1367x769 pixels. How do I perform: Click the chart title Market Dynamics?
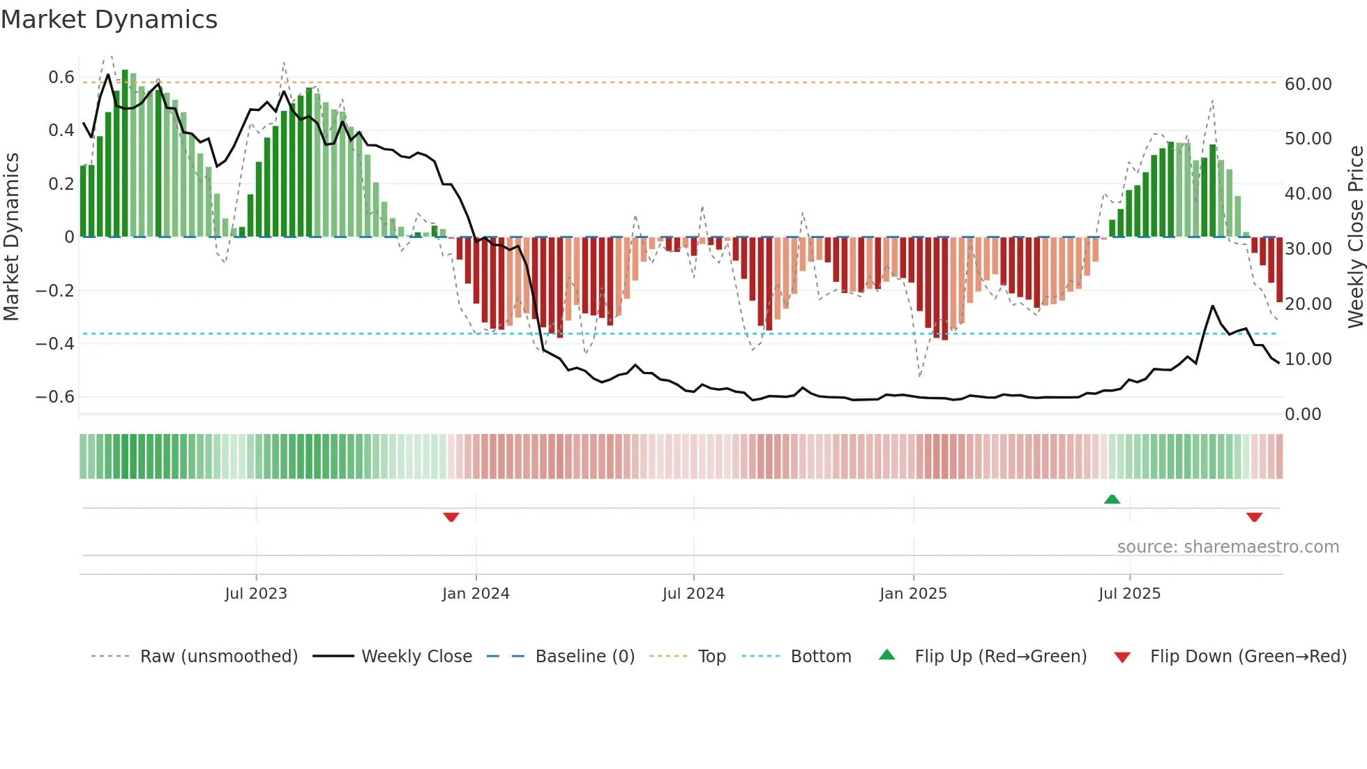[x=109, y=20]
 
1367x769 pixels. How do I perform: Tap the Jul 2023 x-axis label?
[x=256, y=594]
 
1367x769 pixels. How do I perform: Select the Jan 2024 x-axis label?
[x=476, y=594]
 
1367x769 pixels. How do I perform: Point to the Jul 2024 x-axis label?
[x=693, y=594]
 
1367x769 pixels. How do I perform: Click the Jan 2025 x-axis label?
[x=913, y=594]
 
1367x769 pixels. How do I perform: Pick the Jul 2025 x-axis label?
[x=1129, y=594]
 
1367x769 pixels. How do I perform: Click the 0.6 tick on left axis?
[x=61, y=77]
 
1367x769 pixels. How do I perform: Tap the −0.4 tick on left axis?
[x=55, y=343]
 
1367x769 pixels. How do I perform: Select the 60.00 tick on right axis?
[x=1308, y=84]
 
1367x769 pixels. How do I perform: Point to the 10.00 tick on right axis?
[x=1308, y=359]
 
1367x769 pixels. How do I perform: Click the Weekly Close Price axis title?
[x=1355, y=237]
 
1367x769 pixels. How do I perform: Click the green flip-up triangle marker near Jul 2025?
[x=1112, y=499]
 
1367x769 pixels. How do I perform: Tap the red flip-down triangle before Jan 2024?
[x=451, y=517]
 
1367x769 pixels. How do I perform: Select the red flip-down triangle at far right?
[x=1254, y=517]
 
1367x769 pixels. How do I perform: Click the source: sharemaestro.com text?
[x=1228, y=547]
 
